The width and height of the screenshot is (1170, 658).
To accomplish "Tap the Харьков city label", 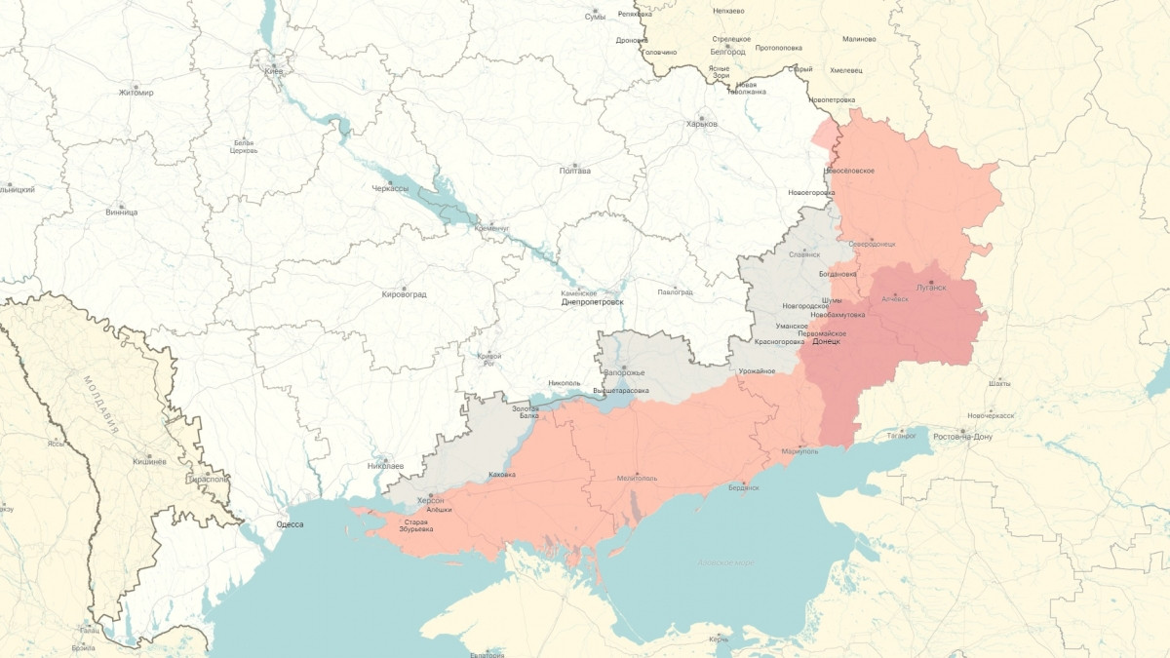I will (701, 124).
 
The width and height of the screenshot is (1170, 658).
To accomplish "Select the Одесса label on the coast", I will (290, 524).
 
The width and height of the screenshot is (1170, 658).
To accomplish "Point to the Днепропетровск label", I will (592, 302).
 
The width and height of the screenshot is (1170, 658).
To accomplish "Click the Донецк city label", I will (826, 342).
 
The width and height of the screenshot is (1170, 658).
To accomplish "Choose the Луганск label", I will (931, 288).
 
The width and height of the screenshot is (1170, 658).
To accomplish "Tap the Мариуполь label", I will (800, 451).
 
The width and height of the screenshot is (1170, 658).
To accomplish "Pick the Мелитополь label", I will (637, 479).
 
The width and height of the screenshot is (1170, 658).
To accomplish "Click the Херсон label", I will (430, 499).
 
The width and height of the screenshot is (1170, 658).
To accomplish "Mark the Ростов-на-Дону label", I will (962, 437).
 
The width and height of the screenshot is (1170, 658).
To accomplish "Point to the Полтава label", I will (574, 172).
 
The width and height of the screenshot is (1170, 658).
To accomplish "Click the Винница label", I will (121, 212).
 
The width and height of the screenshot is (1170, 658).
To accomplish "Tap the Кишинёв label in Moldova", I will (149, 460).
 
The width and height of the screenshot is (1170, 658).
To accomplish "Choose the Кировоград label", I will (404, 293).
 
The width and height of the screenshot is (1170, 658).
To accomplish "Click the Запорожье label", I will (624, 373).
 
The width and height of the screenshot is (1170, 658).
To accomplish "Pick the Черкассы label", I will (391, 188).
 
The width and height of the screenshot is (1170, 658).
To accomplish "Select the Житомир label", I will (136, 93).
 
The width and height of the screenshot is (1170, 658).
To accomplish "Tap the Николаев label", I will (385, 466).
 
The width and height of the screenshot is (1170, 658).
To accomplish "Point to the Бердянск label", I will (743, 488).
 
